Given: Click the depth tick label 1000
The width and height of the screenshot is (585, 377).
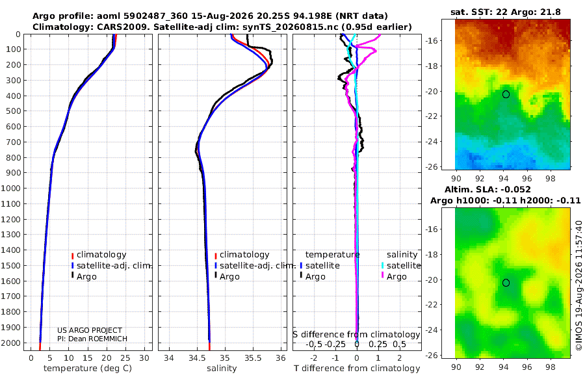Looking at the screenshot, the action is click(11, 188).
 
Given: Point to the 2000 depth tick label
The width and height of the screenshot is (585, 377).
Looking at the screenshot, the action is click(11, 343).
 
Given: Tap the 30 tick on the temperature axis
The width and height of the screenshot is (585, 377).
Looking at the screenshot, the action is click(144, 358).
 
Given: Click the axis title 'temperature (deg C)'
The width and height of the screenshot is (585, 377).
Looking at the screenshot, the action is click(88, 369).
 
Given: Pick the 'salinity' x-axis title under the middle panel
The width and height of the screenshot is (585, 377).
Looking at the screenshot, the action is click(222, 369).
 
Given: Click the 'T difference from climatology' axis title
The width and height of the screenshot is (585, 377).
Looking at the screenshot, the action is click(357, 369).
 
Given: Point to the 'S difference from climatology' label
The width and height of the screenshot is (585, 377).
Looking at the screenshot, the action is click(356, 335).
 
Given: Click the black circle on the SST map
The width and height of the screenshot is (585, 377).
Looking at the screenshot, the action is click(506, 94).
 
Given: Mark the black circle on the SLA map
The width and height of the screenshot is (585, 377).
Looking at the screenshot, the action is click(506, 283).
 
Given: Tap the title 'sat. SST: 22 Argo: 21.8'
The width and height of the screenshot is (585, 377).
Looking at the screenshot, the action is click(506, 12).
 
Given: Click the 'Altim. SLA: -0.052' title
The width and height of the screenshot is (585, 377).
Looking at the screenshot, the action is click(487, 190).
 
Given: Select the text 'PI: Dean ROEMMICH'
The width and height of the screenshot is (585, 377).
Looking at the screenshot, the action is click(92, 339).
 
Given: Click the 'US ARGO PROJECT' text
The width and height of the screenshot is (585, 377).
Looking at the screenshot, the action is click(90, 330).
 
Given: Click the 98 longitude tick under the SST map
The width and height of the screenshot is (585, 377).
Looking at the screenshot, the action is click(551, 179).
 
